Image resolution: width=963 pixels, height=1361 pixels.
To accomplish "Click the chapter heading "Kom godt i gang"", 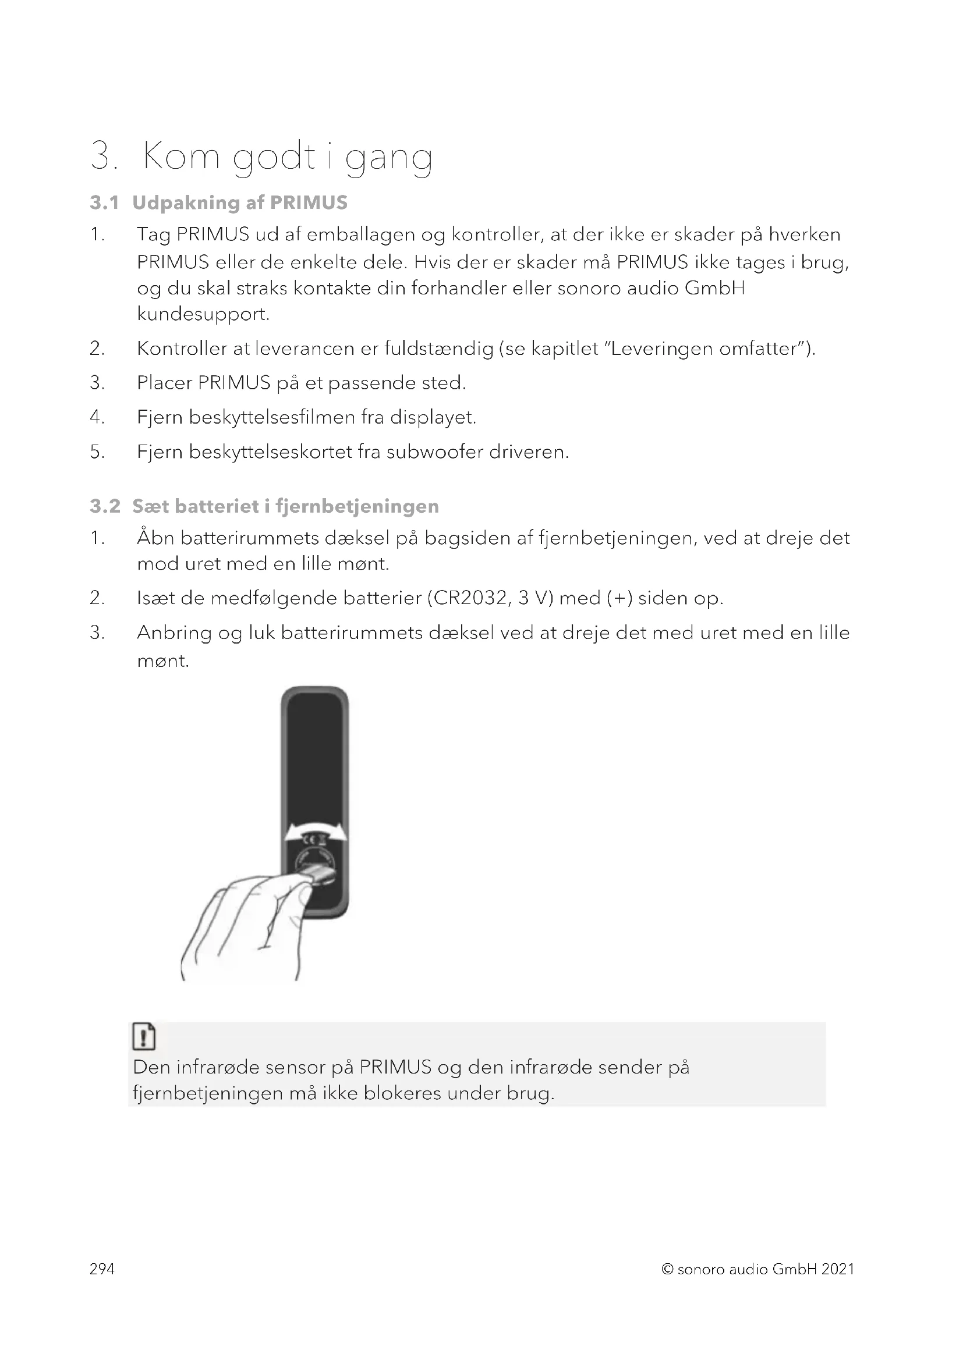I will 287,157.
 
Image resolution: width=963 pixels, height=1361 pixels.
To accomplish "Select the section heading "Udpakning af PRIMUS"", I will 239,202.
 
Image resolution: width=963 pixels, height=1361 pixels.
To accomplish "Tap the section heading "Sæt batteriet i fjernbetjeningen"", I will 285,506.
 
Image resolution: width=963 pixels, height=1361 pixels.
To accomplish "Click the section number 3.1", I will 104,202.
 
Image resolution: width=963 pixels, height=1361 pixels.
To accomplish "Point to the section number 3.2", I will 105,506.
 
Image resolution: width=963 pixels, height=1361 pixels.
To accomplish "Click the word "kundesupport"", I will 202,314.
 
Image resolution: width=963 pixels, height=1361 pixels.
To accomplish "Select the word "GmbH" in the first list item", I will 714,288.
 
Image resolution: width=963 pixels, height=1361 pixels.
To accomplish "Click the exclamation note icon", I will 144,1036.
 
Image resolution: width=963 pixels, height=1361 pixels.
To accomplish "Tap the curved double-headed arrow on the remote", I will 315,831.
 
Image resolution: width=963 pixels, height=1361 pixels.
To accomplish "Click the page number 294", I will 102,1268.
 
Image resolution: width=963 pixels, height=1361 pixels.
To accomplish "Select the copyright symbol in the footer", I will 668,1269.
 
